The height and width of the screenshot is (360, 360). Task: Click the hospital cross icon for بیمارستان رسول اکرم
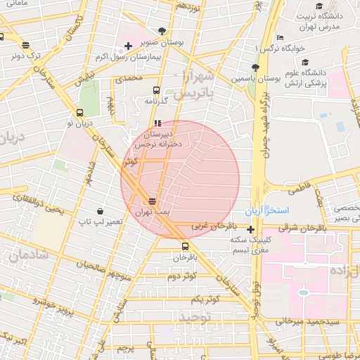tap(127, 46)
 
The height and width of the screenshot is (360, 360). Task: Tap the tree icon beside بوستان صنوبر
tap(163, 31)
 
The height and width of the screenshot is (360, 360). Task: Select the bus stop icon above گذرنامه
tap(156, 90)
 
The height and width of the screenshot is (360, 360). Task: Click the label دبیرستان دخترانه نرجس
tap(162, 138)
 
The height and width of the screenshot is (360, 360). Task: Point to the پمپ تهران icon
tap(152, 202)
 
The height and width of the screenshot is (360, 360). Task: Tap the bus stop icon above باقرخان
tap(185, 246)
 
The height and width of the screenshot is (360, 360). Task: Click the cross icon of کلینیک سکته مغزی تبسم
tap(250, 229)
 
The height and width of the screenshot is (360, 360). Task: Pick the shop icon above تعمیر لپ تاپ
tap(101, 211)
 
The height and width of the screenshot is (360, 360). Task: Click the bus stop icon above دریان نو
tap(79, 112)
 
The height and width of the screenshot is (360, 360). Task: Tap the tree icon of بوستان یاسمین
tap(255, 68)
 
